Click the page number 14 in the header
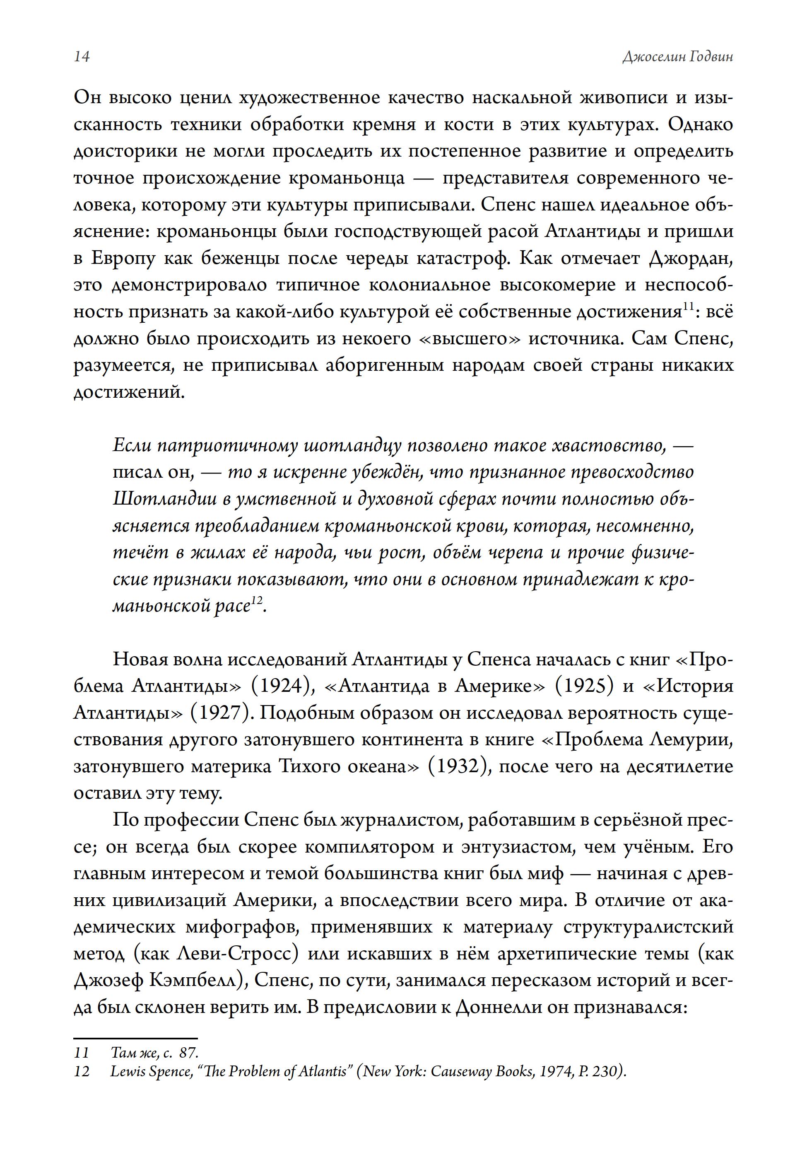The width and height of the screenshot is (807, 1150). click(x=82, y=57)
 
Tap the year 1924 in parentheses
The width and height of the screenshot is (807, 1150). click(x=283, y=685)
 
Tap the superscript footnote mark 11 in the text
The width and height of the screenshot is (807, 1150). click(x=688, y=307)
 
